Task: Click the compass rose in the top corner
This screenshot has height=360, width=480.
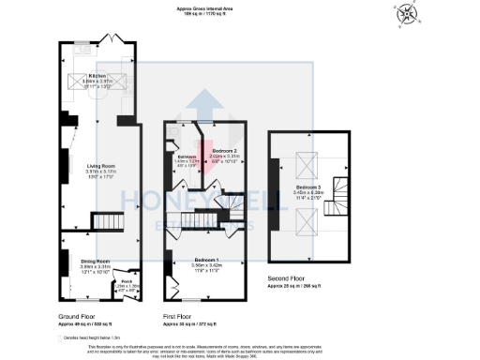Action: click(405, 15)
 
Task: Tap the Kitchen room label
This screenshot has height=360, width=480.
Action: click(97, 76)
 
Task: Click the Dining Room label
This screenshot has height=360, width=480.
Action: click(96, 262)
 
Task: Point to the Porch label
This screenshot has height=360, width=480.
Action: click(127, 280)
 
